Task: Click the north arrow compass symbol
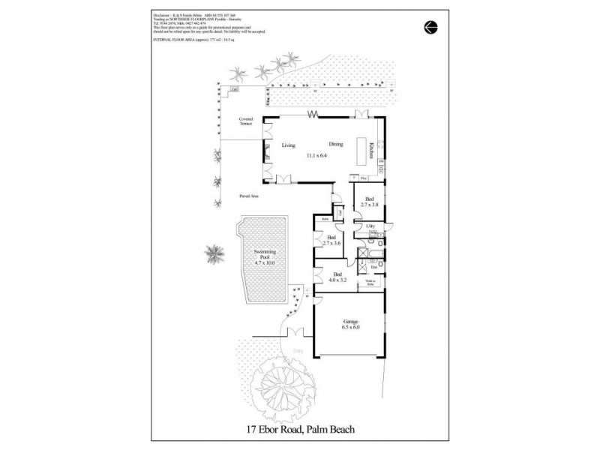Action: coord(430,26)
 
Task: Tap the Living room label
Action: coord(289,145)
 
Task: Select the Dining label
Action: coord(335,145)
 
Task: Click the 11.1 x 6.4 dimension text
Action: coord(317,155)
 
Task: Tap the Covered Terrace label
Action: coord(246,121)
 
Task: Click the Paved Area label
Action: coord(249,195)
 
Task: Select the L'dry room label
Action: coord(370,225)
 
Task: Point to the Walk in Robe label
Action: coord(370,283)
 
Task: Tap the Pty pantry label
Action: coord(363,178)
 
